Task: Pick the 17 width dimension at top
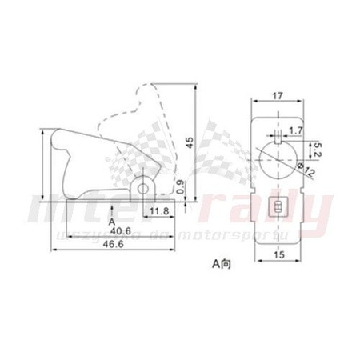tap(277, 95)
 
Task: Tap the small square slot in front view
tap(277, 207)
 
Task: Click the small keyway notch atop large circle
tap(277, 138)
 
